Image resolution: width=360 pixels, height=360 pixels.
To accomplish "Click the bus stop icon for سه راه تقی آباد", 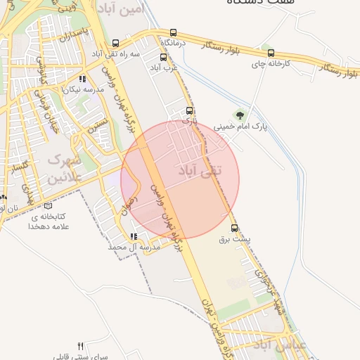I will pyautogui.click(x=115, y=43).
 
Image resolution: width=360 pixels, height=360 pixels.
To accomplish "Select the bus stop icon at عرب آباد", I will pyautogui.click(x=164, y=58).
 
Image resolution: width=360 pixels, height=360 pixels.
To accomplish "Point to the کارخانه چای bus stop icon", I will pyautogui.click(x=271, y=53).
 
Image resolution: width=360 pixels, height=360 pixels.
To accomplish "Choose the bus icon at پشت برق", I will pyautogui.click(x=235, y=228).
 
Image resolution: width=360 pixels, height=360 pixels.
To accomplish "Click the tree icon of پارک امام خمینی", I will pyautogui.click(x=240, y=115).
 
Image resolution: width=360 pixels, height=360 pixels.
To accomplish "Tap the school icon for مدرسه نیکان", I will pyautogui.click(x=83, y=79).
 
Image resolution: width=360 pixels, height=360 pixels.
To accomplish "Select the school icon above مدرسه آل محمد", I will pyautogui.click(x=133, y=236).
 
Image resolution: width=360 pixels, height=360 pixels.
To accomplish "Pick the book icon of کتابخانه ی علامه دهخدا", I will pyautogui.click(x=48, y=206).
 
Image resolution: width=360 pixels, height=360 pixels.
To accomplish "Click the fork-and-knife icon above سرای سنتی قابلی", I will pyautogui.click(x=80, y=346).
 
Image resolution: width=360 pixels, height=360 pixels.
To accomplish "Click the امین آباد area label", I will pyautogui.click(x=131, y=9).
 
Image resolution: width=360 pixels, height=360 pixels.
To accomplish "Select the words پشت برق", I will pyautogui.click(x=235, y=240).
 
